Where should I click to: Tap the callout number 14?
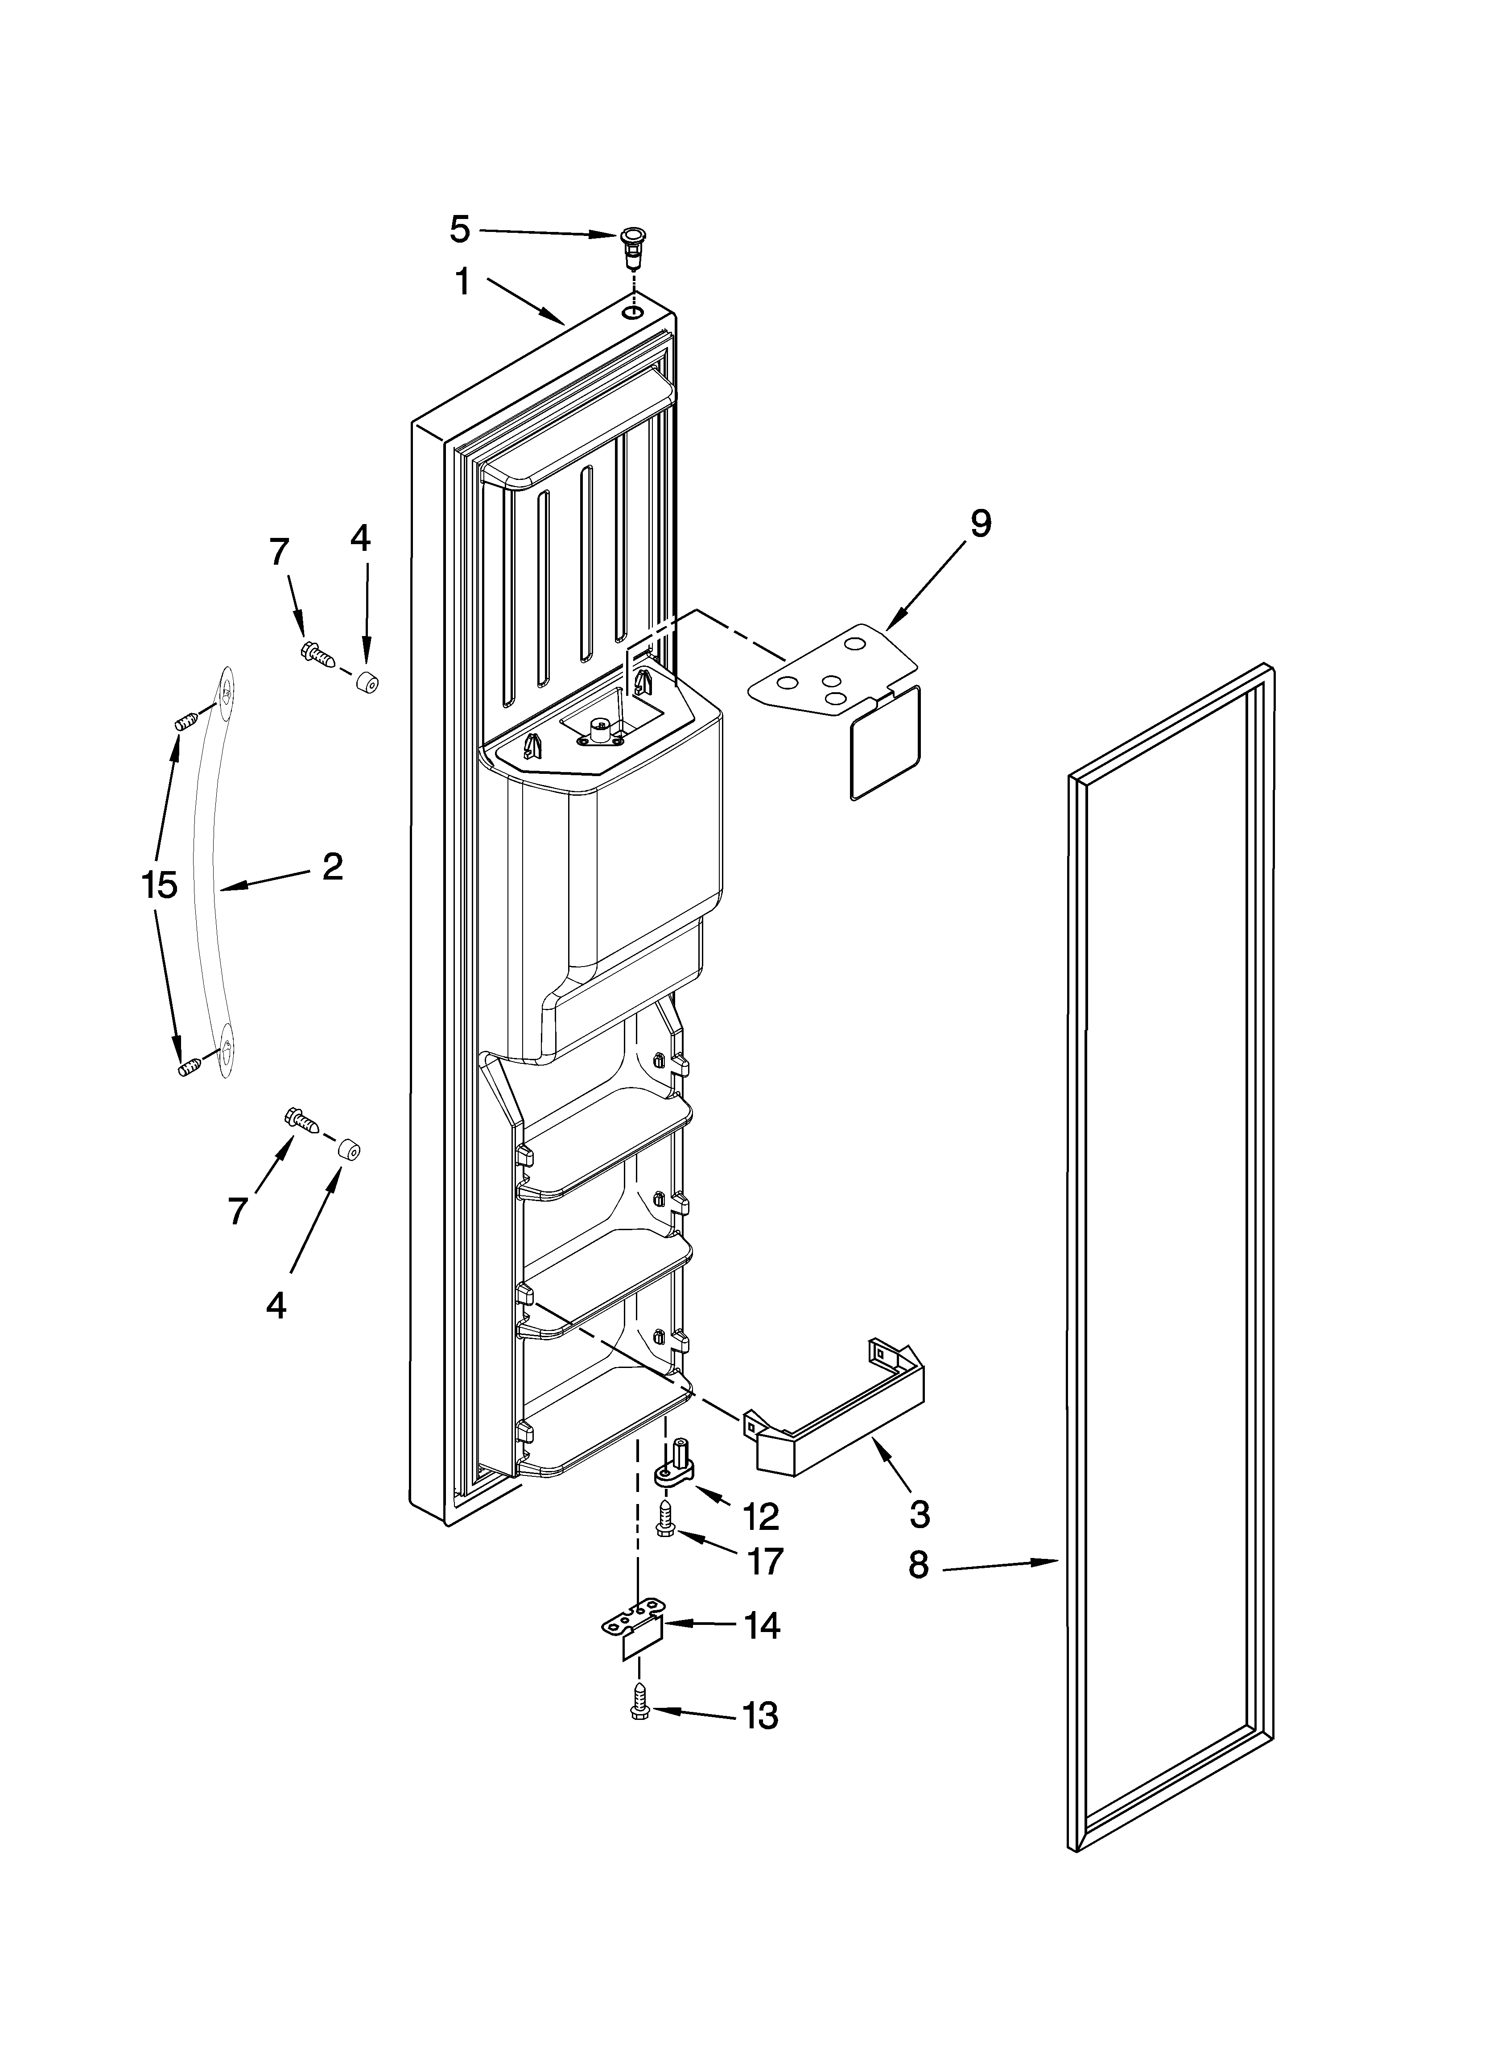tap(762, 1626)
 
